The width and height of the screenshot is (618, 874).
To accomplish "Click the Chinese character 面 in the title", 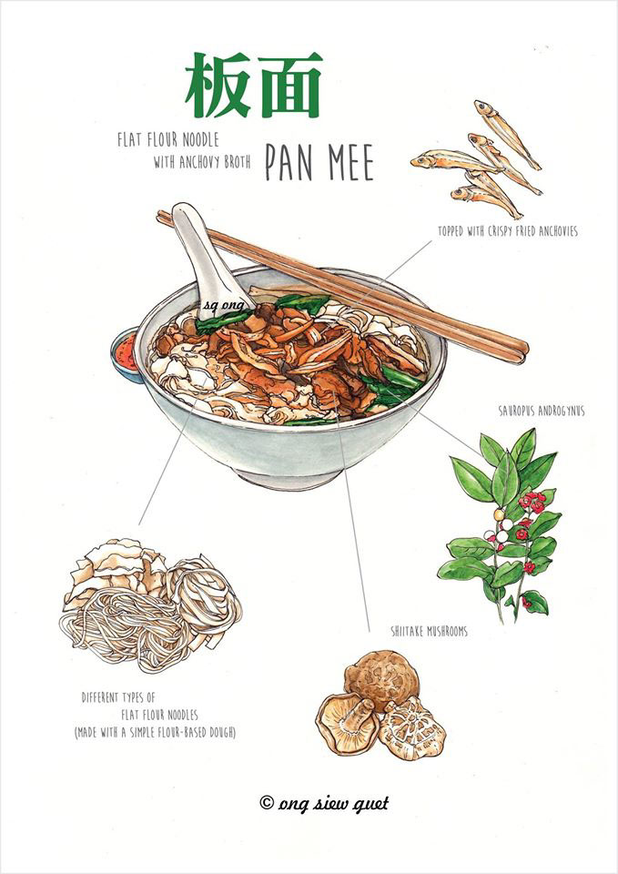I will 289,86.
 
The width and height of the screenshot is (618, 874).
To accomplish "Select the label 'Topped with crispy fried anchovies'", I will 506,231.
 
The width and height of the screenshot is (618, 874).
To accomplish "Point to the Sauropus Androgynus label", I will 541,411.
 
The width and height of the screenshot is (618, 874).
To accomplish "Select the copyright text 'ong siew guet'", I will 324,802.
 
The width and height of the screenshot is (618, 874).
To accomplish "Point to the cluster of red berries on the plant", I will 526,503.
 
